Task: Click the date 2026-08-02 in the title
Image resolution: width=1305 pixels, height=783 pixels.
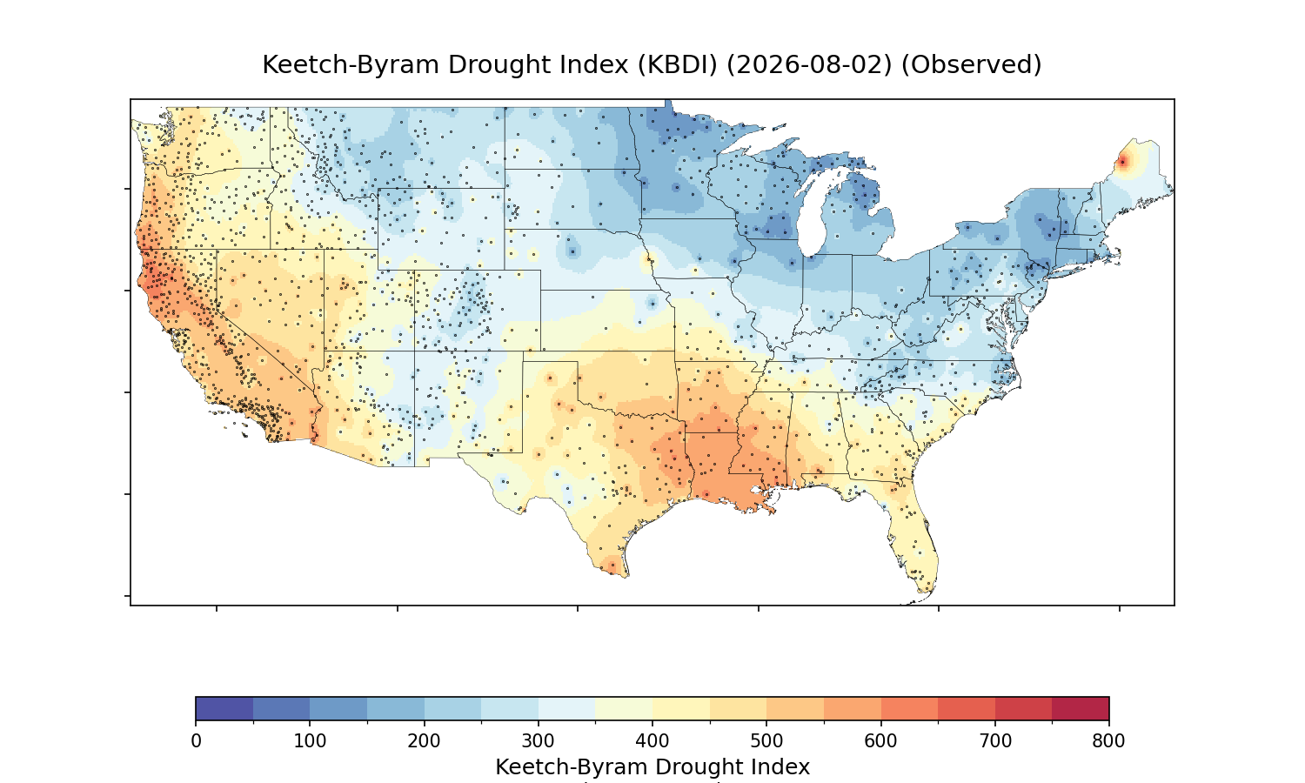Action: pyautogui.click(x=809, y=64)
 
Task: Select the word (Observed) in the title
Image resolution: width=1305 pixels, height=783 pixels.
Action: pyautogui.click(x=971, y=64)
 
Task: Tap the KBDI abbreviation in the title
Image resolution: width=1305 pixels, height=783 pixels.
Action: pyautogui.click(x=678, y=64)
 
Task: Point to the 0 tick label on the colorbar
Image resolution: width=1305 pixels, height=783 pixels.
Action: pyautogui.click(x=197, y=741)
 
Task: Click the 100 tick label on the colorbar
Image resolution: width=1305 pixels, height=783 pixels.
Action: pyautogui.click(x=310, y=741)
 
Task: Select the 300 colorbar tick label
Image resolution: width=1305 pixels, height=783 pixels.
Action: pyautogui.click(x=539, y=741)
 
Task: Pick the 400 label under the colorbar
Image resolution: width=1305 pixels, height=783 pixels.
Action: pyautogui.click(x=652, y=741)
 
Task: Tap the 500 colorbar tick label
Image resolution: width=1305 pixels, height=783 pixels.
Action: pyautogui.click(x=766, y=741)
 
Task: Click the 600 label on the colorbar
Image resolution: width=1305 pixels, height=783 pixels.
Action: pyautogui.click(x=880, y=741)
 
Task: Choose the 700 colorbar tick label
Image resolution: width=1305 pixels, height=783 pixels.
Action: pyautogui.click(x=995, y=741)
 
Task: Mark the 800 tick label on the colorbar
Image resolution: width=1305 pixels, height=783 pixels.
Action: pyautogui.click(x=1108, y=741)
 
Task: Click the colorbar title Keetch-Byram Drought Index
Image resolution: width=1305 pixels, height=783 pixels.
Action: pyautogui.click(x=652, y=767)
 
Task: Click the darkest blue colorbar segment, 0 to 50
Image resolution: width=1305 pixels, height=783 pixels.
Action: pyautogui.click(x=224, y=708)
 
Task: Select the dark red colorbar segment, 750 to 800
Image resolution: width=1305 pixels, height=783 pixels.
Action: pyautogui.click(x=1081, y=708)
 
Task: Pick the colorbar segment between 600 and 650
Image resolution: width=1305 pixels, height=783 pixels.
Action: pyautogui.click(x=909, y=708)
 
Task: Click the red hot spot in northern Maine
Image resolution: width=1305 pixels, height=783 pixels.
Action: pyautogui.click(x=1122, y=161)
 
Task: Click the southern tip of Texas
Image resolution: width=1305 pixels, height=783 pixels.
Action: pyautogui.click(x=625, y=575)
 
